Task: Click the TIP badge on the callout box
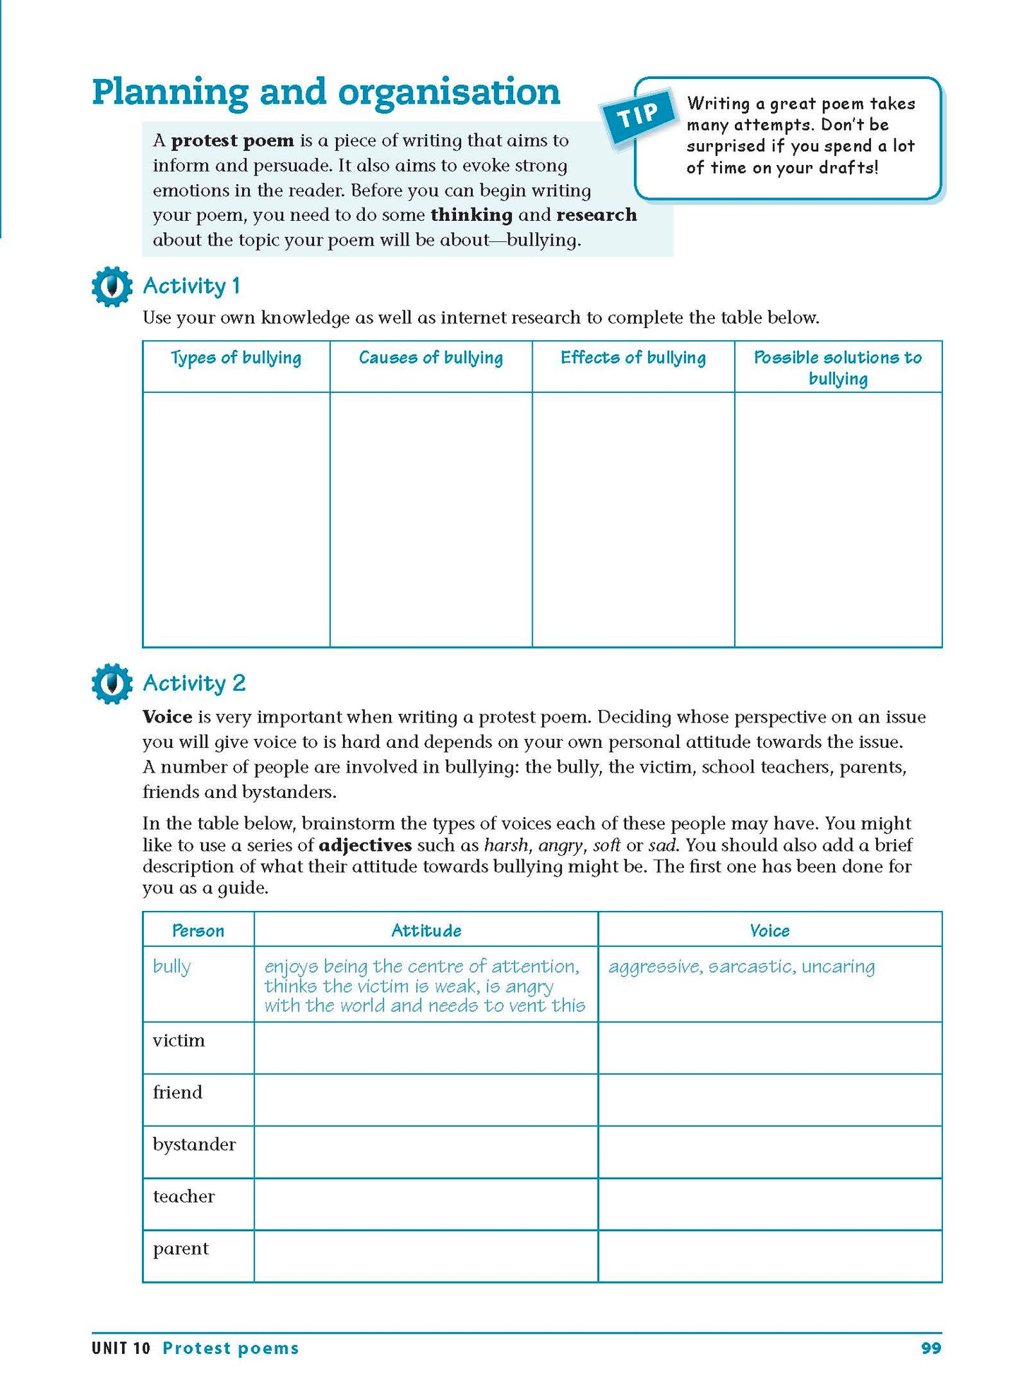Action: [x=638, y=116]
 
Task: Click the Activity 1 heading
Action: [x=191, y=286]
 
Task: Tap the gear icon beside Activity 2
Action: [x=112, y=683]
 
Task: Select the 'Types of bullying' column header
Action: [x=236, y=358]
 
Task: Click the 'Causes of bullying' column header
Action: [x=431, y=358]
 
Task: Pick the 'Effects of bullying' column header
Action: [x=633, y=358]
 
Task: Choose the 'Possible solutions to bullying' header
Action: [x=838, y=368]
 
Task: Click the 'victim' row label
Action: [x=179, y=1041]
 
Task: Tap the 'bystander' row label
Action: [x=194, y=1145]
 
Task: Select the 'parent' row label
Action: [x=181, y=1249]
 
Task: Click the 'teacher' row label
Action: [x=184, y=1197]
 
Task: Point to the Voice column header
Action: [x=769, y=931]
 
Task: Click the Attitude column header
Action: [x=426, y=931]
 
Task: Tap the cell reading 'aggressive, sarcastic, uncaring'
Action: [x=741, y=967]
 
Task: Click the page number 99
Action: [x=931, y=1348]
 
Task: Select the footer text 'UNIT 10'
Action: [x=121, y=1348]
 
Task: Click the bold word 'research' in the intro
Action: [x=596, y=215]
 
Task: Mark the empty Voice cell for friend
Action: [x=769, y=1100]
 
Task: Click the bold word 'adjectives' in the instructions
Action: [x=365, y=845]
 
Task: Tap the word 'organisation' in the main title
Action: [x=449, y=92]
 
